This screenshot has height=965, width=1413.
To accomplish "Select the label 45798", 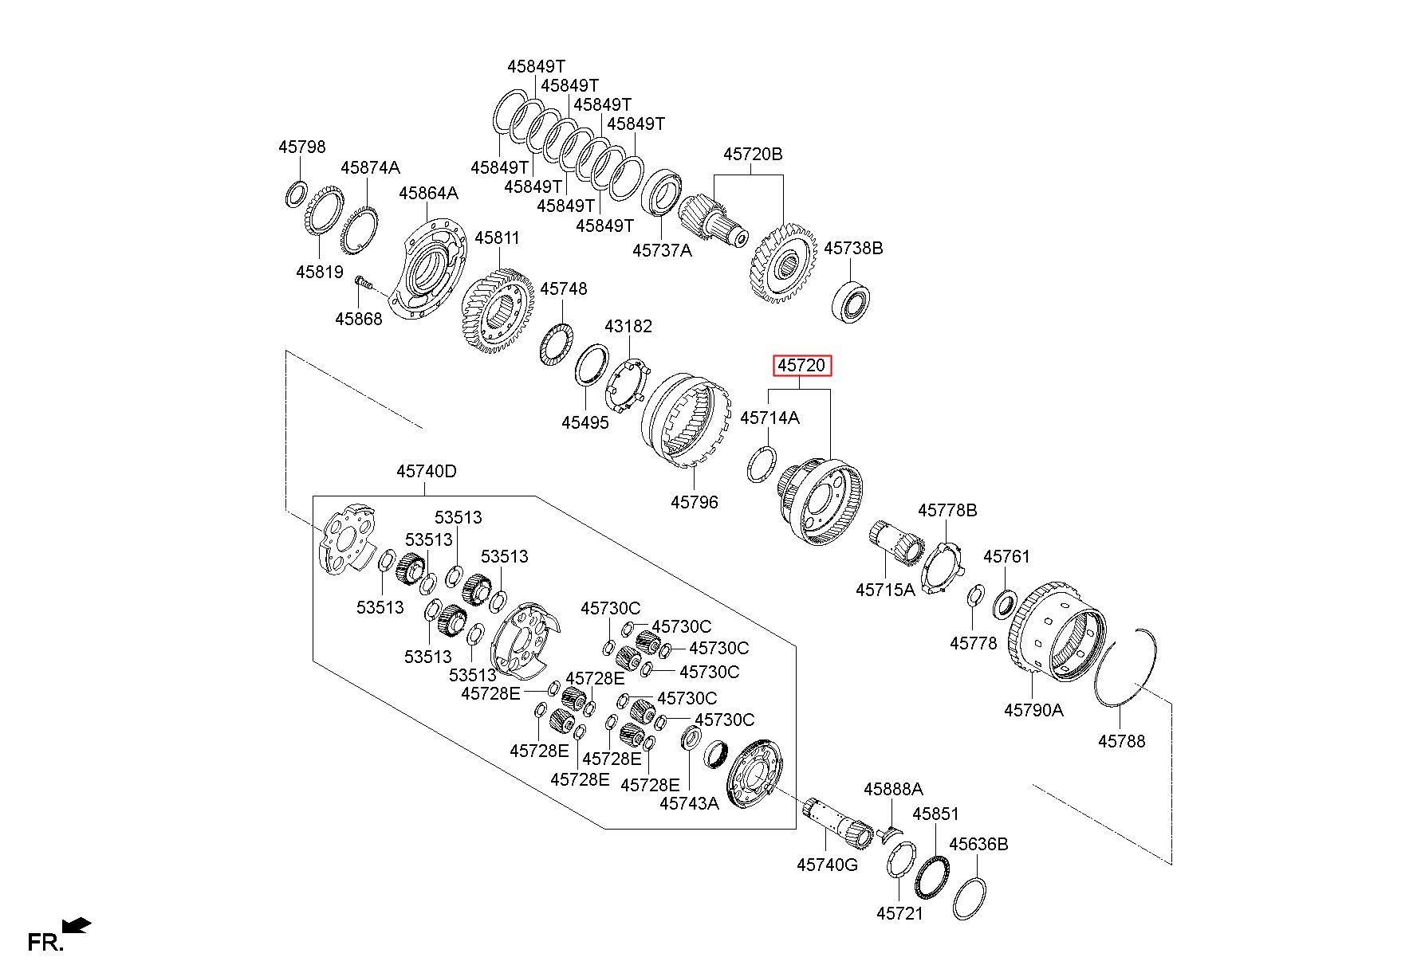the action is (x=302, y=147).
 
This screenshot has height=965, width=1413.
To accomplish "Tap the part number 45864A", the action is (x=429, y=193).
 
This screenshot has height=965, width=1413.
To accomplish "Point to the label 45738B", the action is (x=853, y=248).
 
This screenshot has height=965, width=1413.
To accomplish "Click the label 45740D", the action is (x=427, y=471).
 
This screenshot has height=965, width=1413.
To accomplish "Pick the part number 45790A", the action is (x=1033, y=709).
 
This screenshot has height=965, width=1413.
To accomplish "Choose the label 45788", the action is (x=1121, y=741).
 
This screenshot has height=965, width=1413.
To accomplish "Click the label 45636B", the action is (x=978, y=844).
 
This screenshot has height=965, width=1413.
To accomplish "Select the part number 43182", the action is (x=628, y=326).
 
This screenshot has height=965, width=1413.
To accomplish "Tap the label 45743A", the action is (x=689, y=803).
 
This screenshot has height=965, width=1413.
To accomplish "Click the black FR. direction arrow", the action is (x=77, y=926).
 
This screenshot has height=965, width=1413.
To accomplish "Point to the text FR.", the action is (x=45, y=943).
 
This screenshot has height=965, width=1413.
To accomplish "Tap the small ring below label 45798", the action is (x=296, y=194).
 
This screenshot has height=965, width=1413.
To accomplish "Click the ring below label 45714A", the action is (x=761, y=465).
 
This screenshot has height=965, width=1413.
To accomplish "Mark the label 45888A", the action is (x=893, y=789).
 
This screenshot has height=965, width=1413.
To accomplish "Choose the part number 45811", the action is (x=497, y=237).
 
